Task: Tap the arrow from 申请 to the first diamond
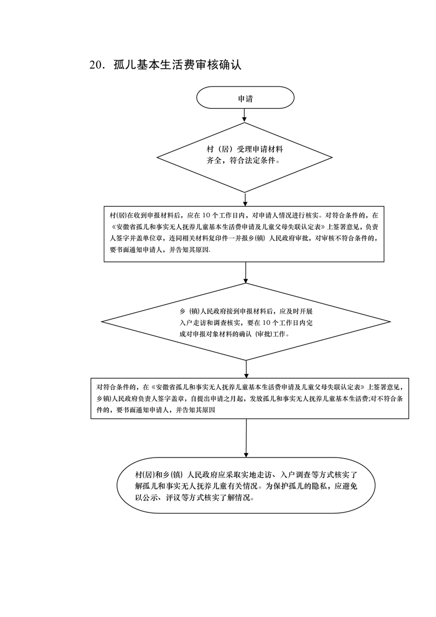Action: (245, 115)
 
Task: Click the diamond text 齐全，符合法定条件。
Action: (242, 161)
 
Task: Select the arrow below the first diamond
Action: (245, 199)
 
